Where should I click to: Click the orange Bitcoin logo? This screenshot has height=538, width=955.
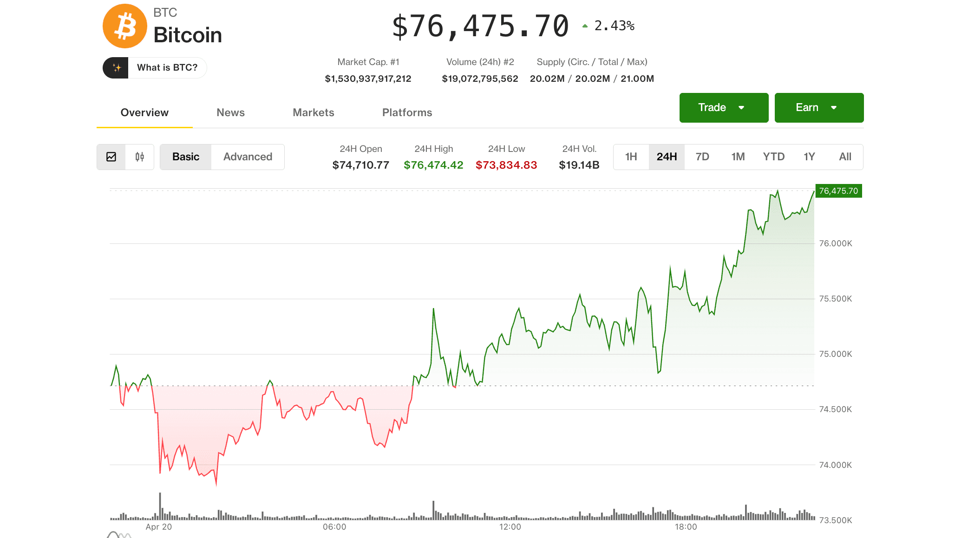pyautogui.click(x=124, y=26)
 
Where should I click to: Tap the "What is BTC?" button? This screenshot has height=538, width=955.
pyautogui.click(x=155, y=68)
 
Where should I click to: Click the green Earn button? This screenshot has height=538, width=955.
pyautogui.click(x=819, y=108)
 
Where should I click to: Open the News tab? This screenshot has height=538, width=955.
pyautogui.click(x=230, y=112)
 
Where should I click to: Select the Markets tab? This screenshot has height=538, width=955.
pyautogui.click(x=313, y=112)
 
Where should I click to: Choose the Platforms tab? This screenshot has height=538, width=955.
pyautogui.click(x=407, y=112)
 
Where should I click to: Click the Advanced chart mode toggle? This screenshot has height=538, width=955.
pyautogui.click(x=248, y=157)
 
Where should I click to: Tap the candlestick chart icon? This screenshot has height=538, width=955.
pyautogui.click(x=139, y=157)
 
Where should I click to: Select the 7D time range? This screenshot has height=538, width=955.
pyautogui.click(x=702, y=157)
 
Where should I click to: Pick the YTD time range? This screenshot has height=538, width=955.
pyautogui.click(x=773, y=157)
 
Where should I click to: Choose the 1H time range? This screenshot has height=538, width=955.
pyautogui.click(x=631, y=157)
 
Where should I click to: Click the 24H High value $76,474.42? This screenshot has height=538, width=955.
pyautogui.click(x=433, y=165)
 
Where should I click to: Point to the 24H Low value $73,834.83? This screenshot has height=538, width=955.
pyautogui.click(x=506, y=165)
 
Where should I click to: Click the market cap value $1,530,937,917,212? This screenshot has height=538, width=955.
pyautogui.click(x=368, y=79)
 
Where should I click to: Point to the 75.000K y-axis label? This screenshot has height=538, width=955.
pyautogui.click(x=835, y=354)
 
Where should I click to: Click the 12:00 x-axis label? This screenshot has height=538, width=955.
pyautogui.click(x=510, y=527)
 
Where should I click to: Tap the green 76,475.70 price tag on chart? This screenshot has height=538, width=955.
pyautogui.click(x=838, y=191)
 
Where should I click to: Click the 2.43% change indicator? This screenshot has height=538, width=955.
pyautogui.click(x=614, y=26)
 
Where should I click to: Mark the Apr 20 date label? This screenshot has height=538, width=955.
pyautogui.click(x=158, y=527)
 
